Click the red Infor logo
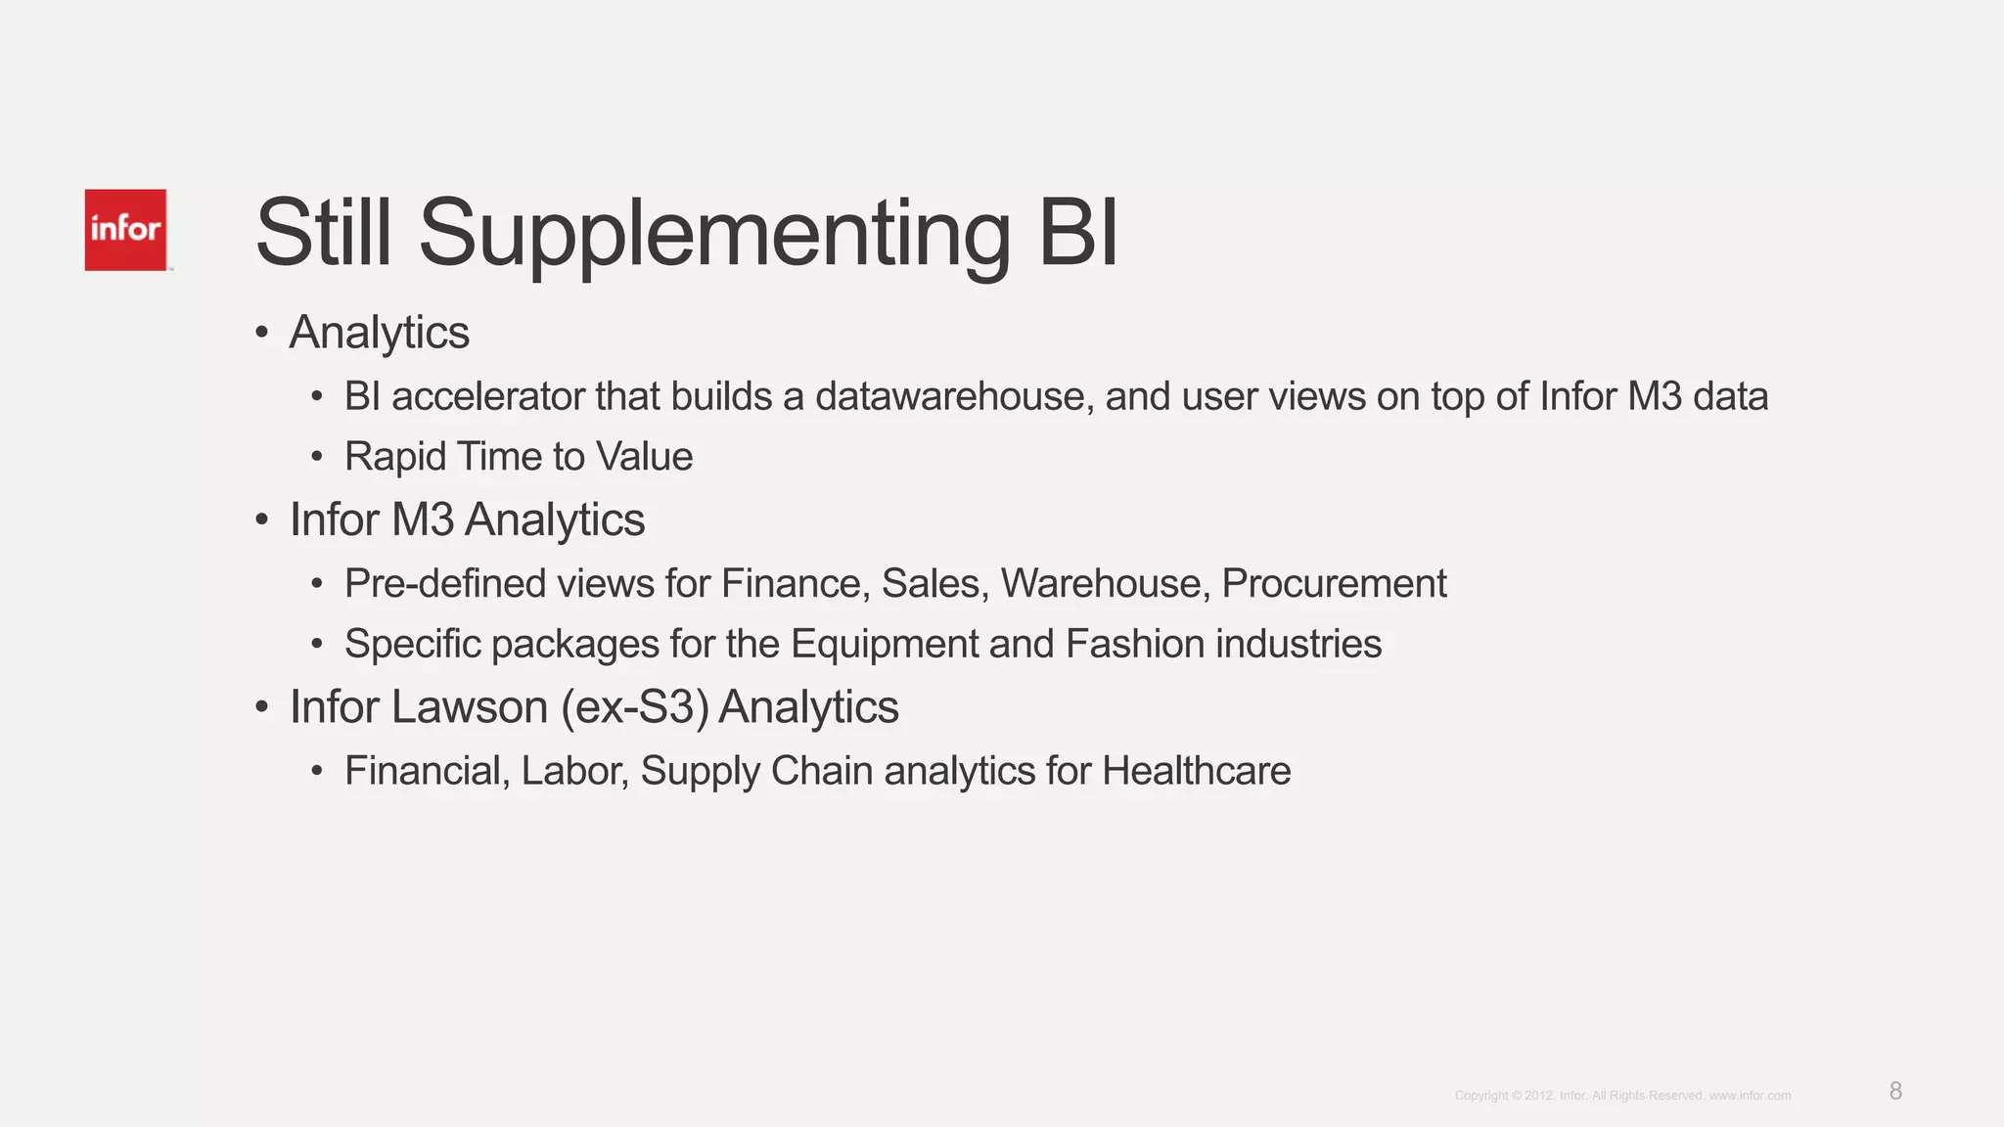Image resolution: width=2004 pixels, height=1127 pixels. [x=125, y=230]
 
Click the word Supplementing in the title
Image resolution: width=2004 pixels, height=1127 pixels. [x=714, y=235]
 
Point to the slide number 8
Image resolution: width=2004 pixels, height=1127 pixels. [x=1895, y=1091]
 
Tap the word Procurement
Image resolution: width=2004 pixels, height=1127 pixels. [x=1334, y=584]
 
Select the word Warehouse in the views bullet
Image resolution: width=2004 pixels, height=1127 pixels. [x=1100, y=584]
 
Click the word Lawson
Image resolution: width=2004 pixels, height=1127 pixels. [x=469, y=707]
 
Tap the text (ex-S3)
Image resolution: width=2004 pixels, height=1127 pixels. [x=635, y=707]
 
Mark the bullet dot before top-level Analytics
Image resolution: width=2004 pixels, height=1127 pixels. [x=261, y=333]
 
